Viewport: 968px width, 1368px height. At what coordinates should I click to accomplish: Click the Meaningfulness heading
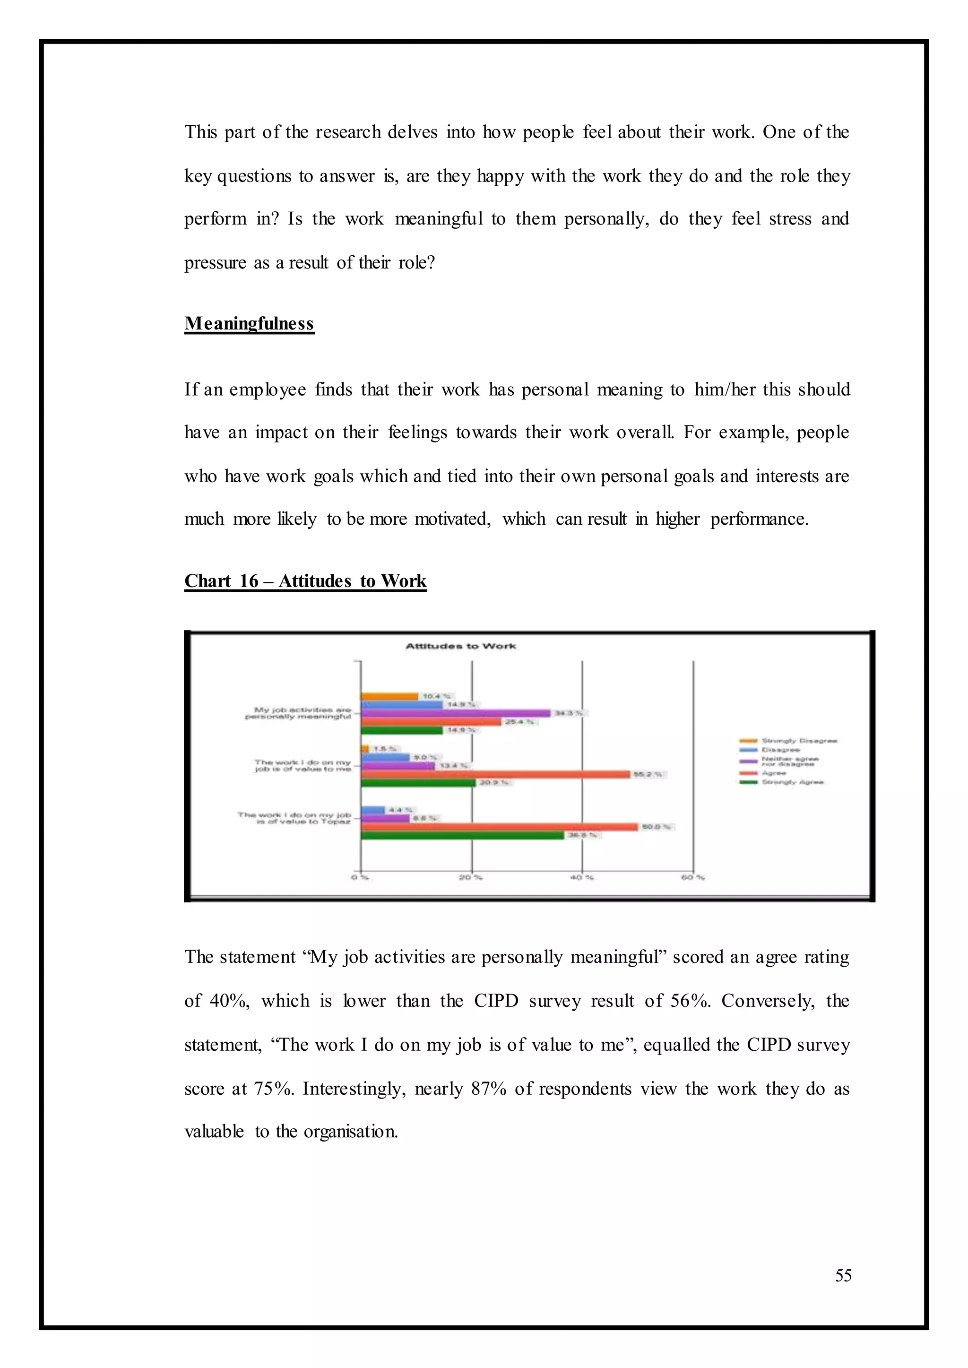pos(249,324)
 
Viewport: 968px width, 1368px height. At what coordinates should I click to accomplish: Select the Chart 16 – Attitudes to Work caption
pos(305,581)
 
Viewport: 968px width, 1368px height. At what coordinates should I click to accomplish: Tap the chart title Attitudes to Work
pos(460,646)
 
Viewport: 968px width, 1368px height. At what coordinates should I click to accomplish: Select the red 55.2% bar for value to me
pos(495,774)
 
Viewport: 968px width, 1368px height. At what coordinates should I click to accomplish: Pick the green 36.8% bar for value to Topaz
pos(462,835)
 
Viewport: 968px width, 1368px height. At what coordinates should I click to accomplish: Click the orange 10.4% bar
pos(389,696)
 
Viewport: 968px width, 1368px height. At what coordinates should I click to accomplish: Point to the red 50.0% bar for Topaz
pos(499,827)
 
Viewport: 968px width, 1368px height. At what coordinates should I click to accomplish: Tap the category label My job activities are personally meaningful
pos(298,713)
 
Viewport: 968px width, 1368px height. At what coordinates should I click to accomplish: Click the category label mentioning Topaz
pos(294,818)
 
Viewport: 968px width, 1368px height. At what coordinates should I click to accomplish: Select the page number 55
pos(843,1276)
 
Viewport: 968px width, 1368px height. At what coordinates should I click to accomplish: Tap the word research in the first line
pos(348,132)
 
